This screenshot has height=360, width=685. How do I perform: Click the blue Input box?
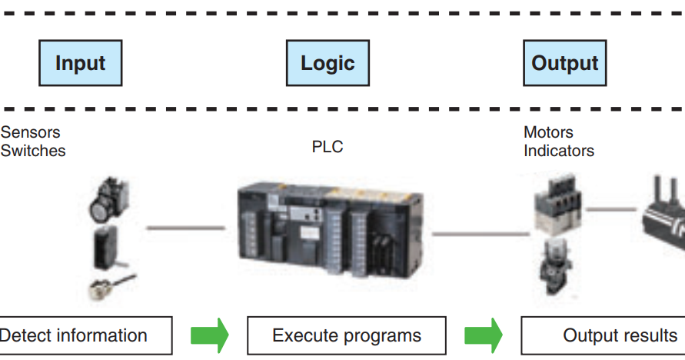(x=80, y=63)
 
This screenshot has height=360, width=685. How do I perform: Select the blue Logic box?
(x=327, y=63)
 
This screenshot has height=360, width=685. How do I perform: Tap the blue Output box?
(x=564, y=63)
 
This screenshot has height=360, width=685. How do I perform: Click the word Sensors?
(x=30, y=132)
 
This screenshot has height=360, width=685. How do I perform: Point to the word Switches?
(x=33, y=151)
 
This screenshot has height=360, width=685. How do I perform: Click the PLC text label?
(x=327, y=146)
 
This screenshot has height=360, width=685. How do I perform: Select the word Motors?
(x=548, y=132)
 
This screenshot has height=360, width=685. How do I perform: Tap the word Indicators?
(x=559, y=151)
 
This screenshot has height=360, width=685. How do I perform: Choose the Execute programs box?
(x=346, y=335)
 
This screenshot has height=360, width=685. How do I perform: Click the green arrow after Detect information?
(x=210, y=335)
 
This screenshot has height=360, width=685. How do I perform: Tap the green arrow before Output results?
(x=484, y=335)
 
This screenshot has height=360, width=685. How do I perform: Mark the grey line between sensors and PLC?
(x=185, y=228)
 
